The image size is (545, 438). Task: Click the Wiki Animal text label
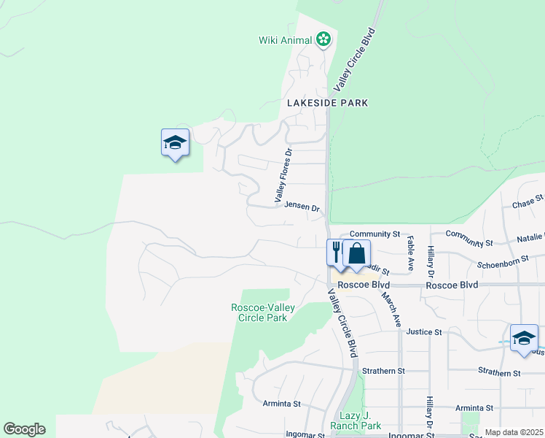pos(286,40)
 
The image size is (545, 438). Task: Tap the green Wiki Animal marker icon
pos(324,39)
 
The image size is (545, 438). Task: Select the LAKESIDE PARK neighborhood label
pos(327,103)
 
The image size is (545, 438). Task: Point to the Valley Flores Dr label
pos(283,175)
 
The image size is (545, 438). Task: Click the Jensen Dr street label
pos(302,208)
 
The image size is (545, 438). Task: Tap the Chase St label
pos(528,201)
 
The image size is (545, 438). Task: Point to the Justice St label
pos(424,331)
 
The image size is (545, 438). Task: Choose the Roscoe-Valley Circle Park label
pos(262,312)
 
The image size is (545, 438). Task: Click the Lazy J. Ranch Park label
pos(356,420)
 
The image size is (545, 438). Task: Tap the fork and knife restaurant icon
pos(336,253)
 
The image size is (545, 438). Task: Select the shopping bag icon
pos(357,254)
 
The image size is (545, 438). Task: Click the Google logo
pos(24,429)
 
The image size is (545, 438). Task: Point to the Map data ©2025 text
pos(513,433)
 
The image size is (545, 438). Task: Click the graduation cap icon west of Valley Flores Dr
pos(175,142)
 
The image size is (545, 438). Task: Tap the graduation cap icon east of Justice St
pos(523,338)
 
